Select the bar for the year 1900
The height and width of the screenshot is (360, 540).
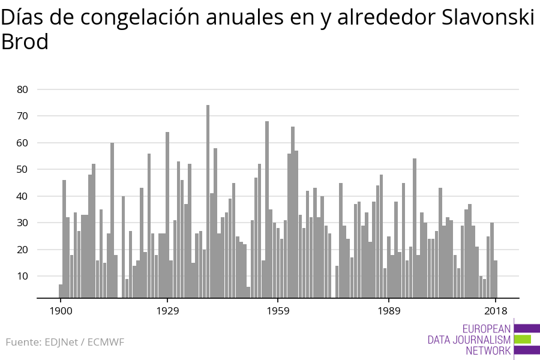pyautogui.click(x=61, y=291)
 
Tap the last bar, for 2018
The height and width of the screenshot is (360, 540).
pyautogui.click(x=496, y=279)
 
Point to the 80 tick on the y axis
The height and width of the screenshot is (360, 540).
pyautogui.click(x=22, y=89)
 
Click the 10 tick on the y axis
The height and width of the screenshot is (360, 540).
pyautogui.click(x=22, y=277)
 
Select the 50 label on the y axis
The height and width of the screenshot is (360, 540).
pyautogui.click(x=22, y=170)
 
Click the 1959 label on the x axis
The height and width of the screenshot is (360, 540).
pyautogui.click(x=278, y=311)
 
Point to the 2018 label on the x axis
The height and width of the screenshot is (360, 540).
pyautogui.click(x=496, y=311)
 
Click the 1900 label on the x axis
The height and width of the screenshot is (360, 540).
pyautogui.click(x=61, y=311)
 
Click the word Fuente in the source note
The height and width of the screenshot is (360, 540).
pyautogui.click(x=23, y=343)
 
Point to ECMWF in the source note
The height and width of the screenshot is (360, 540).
pyautogui.click(x=106, y=343)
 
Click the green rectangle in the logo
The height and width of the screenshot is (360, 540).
pyautogui.click(x=523, y=339)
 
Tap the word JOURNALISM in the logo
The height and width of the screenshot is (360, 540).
pyautogui.click(x=481, y=340)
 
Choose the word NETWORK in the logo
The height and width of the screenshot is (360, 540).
pyautogui.click(x=488, y=351)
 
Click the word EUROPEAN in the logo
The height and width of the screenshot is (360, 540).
pyautogui.click(x=487, y=328)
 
